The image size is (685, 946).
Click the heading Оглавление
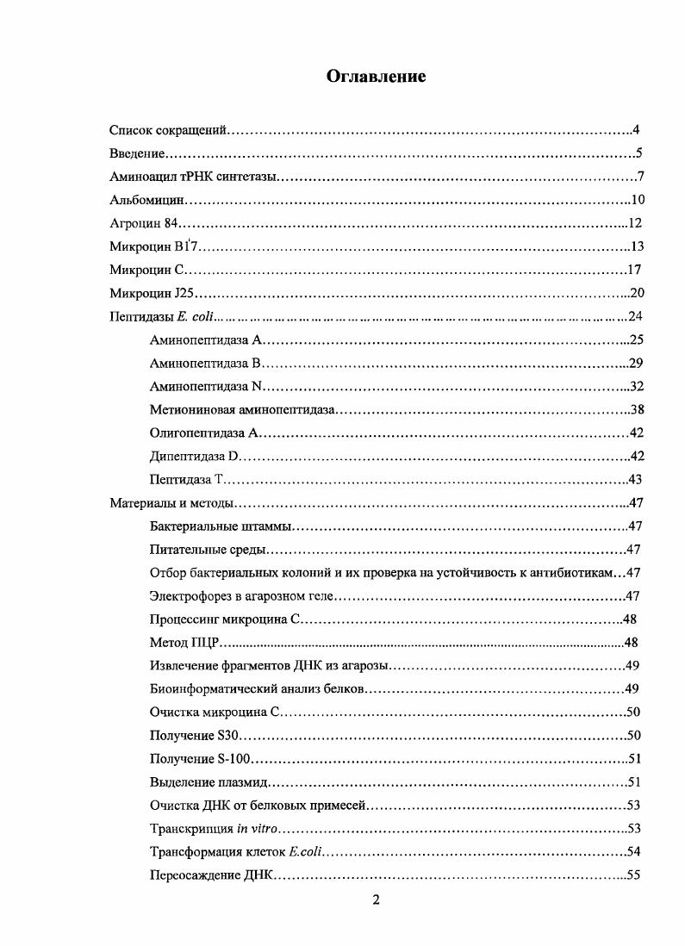(376, 77)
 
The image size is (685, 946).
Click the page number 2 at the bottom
(376, 900)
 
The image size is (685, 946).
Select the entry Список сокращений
(168, 131)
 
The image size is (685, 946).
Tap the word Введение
(137, 154)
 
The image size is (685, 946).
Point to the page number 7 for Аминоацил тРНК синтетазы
(641, 177)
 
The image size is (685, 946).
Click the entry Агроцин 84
(143, 224)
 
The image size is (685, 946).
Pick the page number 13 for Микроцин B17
(637, 247)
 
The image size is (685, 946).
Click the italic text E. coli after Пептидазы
(197, 317)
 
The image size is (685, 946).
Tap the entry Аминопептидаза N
(206, 387)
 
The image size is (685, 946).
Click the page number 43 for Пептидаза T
(637, 480)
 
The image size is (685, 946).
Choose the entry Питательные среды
(208, 550)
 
